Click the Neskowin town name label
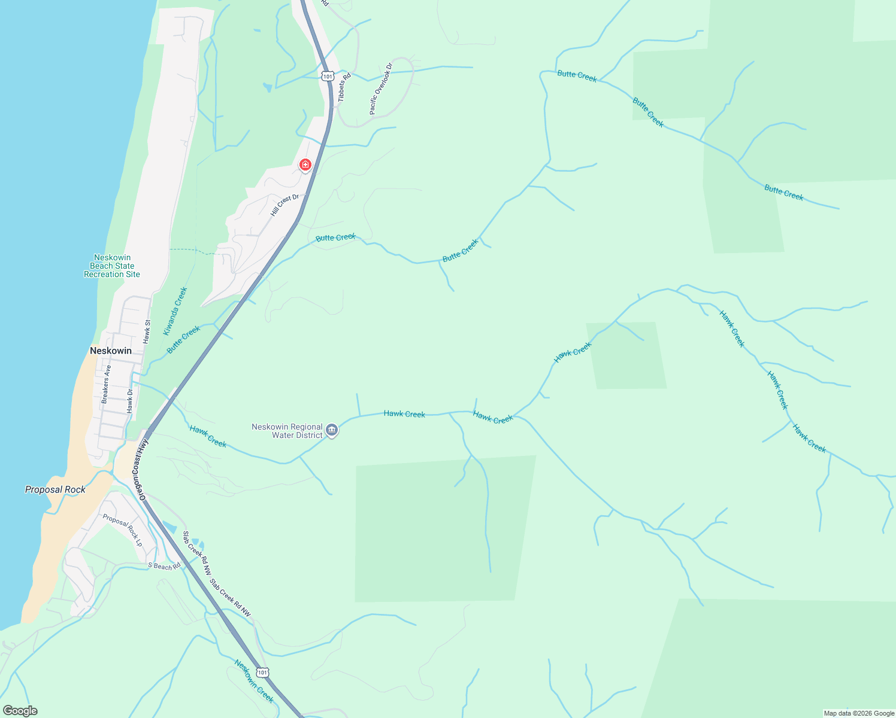pos(111,351)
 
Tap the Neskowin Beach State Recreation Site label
pos(112,266)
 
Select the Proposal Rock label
pos(55,489)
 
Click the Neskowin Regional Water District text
pos(287,431)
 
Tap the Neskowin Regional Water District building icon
pos(332,430)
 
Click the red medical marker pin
pos(305,165)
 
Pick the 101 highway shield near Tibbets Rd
pos(327,76)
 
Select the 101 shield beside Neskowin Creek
pos(262,673)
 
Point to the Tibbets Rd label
pos(344,87)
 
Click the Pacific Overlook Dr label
pos(381,89)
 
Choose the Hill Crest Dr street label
pos(284,205)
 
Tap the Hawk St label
pos(147,331)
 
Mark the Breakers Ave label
pos(105,384)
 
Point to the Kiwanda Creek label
pos(175,311)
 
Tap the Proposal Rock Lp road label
pos(123,530)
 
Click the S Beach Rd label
pos(164,566)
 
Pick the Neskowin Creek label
pos(254,682)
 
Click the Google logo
pos(20,711)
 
